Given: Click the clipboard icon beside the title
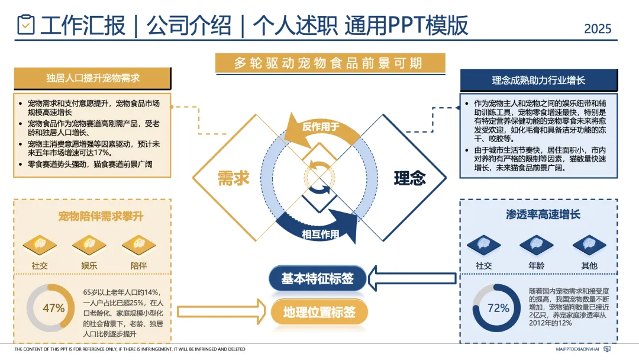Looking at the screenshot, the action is pos(26,25).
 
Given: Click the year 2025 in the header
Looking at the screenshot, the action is pos(597,28).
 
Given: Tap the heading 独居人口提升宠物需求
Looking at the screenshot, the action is pos(93,78).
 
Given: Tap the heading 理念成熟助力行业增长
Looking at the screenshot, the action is pos(538,80).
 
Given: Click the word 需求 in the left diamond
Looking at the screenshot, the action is pos(233,178).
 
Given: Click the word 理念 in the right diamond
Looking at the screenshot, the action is pos(409,178).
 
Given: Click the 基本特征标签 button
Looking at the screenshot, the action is pos(318,278).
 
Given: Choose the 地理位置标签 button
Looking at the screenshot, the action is pos(319,312).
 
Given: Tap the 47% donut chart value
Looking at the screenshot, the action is pos(53,308).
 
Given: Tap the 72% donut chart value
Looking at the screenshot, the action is pos(498,308).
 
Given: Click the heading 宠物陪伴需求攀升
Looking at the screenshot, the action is pos(92,216).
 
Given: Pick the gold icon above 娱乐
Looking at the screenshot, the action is pos(89,245).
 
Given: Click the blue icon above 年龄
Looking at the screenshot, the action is pos(536,245).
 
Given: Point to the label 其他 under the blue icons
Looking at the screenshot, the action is pos(589,266).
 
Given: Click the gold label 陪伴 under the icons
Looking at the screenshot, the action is pos(139,266).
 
